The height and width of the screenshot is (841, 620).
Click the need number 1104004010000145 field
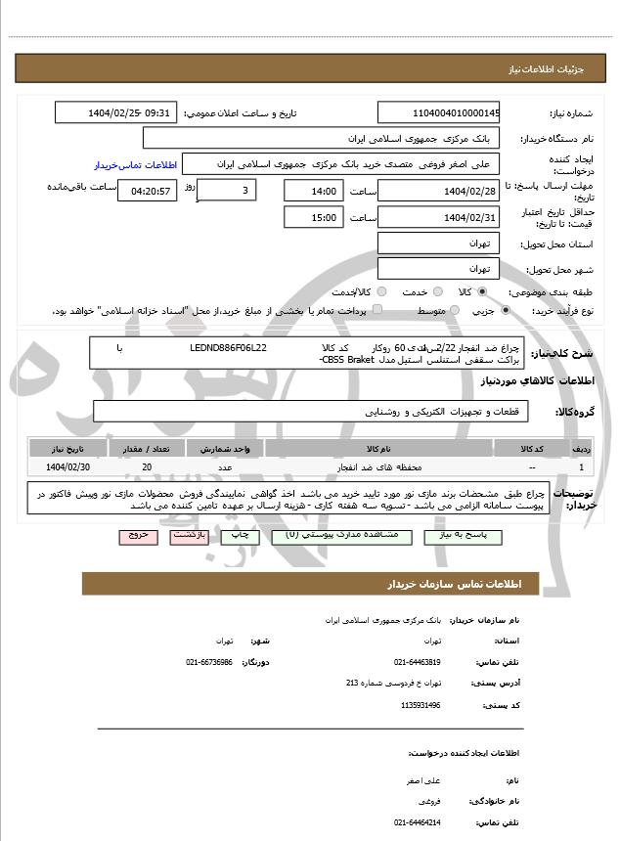tap(438, 112)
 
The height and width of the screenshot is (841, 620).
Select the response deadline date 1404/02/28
tap(438, 191)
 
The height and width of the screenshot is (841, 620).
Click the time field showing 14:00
tap(314, 191)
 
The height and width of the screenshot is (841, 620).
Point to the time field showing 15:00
tap(314, 217)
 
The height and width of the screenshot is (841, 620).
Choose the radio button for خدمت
tap(436, 291)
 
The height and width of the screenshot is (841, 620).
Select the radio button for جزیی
tap(505, 310)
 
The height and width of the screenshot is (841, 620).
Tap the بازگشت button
tap(184, 536)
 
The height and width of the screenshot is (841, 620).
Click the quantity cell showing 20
tap(147, 467)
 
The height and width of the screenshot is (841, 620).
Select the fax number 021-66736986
tap(209, 662)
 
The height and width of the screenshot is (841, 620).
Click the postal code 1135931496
tap(421, 704)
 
